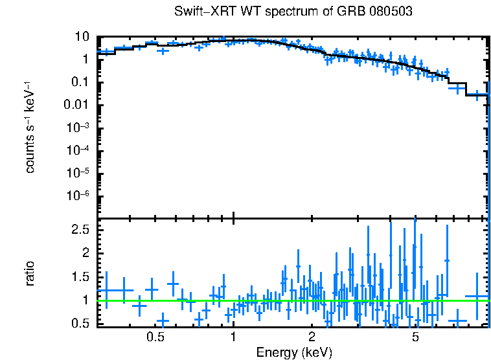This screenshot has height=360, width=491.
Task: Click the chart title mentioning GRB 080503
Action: click(x=293, y=12)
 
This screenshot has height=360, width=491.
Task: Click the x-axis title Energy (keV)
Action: click(x=294, y=352)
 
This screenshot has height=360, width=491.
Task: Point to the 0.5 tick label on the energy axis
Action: click(x=155, y=337)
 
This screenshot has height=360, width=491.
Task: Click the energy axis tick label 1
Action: click(x=233, y=337)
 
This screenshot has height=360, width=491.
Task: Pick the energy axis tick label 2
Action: click(x=312, y=337)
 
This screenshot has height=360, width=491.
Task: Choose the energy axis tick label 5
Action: click(x=415, y=337)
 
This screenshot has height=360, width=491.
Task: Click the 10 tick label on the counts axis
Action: click(x=82, y=37)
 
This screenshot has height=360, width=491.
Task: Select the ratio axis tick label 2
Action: click(x=85, y=253)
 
